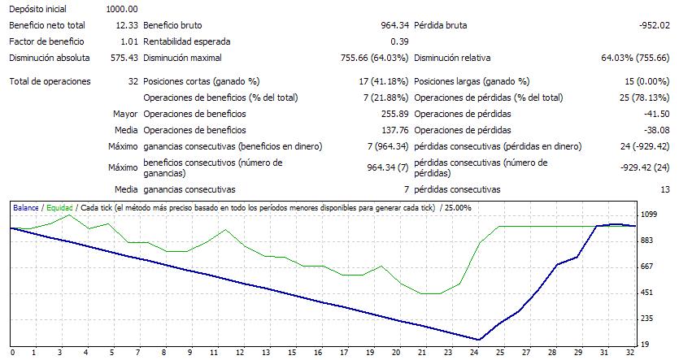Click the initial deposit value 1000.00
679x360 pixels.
[x=121, y=9]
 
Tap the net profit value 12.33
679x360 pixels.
[x=126, y=25]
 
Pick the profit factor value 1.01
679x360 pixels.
[x=128, y=41]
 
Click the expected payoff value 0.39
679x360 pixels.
[x=398, y=41]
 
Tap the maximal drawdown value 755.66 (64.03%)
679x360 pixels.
[x=373, y=58]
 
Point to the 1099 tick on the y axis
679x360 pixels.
[x=648, y=215]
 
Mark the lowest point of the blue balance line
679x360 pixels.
[x=480, y=340]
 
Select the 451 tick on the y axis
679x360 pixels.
[x=648, y=293]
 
